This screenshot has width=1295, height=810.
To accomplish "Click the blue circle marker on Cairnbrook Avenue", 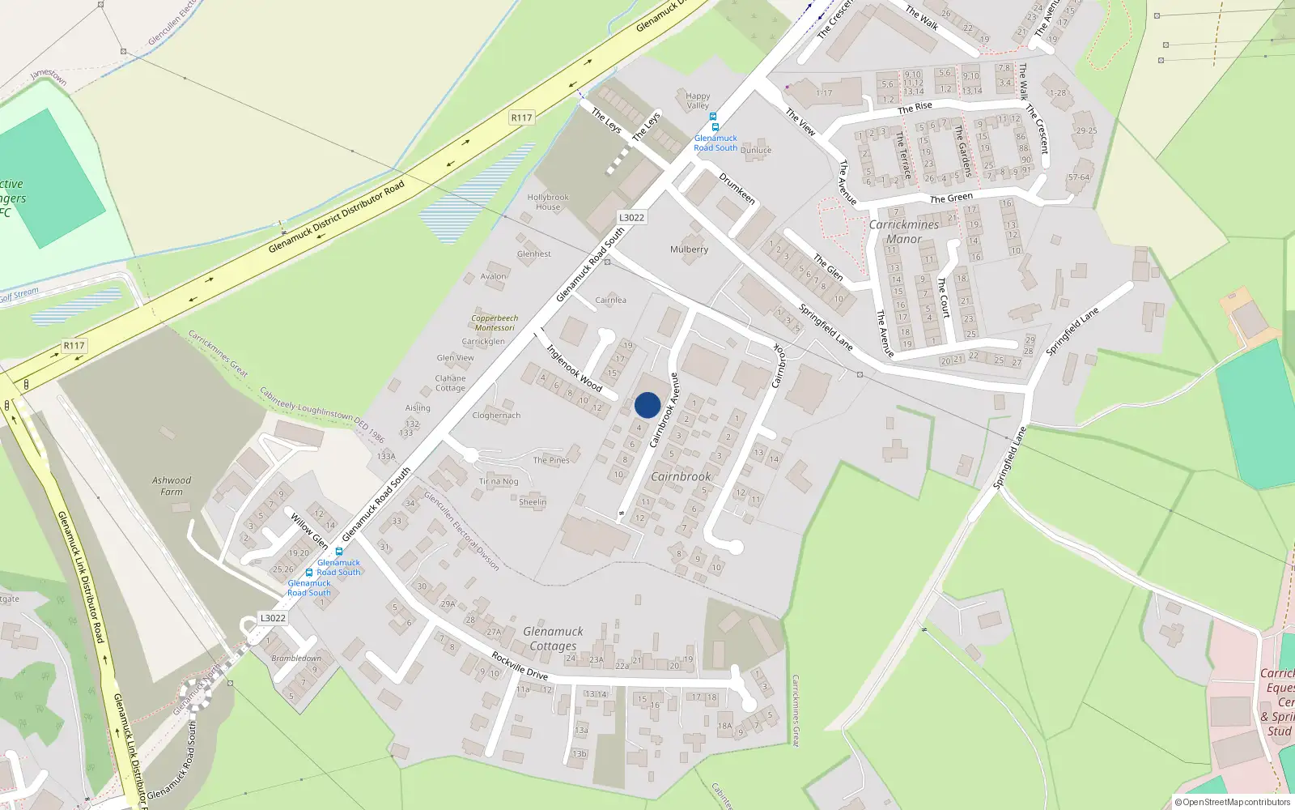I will click(647, 405).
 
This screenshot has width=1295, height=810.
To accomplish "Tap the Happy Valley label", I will click(698, 100).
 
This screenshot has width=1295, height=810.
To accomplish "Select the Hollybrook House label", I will click(548, 202).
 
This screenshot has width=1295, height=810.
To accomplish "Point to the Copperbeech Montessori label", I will click(495, 322).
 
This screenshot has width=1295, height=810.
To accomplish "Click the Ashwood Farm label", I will click(172, 485).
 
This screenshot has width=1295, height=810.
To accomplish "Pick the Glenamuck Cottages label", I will click(553, 638).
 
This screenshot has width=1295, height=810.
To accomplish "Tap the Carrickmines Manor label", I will click(904, 232).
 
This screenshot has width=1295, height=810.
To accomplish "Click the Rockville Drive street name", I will click(520, 666).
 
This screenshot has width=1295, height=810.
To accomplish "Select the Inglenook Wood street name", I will click(574, 369).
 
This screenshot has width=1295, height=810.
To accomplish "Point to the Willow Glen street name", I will click(309, 531).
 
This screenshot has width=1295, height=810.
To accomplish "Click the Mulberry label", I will click(689, 249).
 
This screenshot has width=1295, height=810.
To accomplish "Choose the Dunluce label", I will click(756, 150).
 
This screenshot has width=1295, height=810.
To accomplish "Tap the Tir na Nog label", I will click(499, 481).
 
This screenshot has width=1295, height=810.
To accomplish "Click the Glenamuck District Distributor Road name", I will click(336, 217).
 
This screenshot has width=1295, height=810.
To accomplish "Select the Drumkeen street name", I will click(737, 188).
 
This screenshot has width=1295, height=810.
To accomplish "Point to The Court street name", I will click(943, 296).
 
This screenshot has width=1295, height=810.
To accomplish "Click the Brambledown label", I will click(296, 658).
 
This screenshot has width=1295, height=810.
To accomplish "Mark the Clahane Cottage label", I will click(450, 383).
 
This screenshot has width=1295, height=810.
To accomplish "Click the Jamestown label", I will click(49, 76).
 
